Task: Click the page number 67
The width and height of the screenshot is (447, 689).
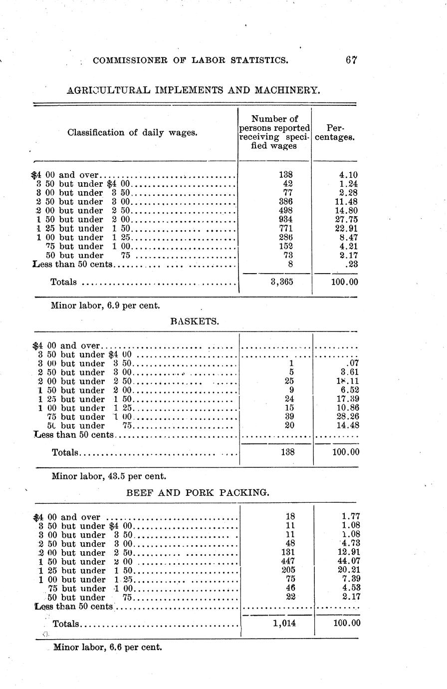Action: point(351,60)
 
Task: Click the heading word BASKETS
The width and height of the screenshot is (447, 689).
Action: point(195,322)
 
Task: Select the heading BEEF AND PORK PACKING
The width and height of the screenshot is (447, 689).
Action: point(198,492)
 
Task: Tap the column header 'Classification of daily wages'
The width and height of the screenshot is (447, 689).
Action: point(132,133)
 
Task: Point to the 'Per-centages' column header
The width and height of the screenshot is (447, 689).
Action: point(335,132)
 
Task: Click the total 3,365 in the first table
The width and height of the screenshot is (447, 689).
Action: point(282,282)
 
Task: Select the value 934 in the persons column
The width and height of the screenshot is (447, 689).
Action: point(286,220)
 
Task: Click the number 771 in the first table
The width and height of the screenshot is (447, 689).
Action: point(286,229)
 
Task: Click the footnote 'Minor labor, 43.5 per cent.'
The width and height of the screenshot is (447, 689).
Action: point(109,476)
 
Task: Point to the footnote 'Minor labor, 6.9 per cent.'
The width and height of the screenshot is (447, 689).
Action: point(105,305)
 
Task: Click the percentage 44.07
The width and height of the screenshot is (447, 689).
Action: point(348,561)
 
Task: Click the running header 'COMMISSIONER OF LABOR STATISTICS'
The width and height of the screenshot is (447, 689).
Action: point(191,60)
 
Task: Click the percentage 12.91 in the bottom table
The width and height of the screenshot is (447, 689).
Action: point(348,552)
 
